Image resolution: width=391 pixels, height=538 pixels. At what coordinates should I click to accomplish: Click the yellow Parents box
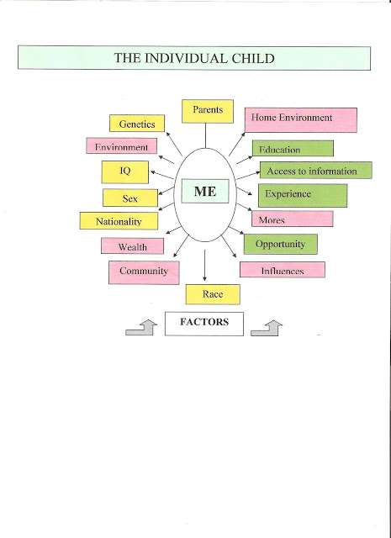tap(208, 111)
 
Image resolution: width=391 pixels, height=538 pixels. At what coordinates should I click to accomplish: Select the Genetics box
tap(137, 124)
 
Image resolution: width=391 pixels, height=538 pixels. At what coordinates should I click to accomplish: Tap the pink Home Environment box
tap(301, 120)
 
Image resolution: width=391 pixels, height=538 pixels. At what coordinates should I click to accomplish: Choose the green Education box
tap(293, 148)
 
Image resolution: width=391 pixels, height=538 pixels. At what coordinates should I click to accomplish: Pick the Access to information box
tap(316, 170)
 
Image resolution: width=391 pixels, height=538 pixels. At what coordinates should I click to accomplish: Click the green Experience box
tap(303, 196)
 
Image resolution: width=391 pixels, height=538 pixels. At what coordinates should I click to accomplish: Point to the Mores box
tap(292, 219)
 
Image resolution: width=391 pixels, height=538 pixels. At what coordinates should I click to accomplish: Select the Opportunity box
tap(281, 245)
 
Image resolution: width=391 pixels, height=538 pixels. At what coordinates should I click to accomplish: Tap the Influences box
tap(283, 270)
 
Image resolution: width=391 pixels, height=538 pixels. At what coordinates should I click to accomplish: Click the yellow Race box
tap(213, 294)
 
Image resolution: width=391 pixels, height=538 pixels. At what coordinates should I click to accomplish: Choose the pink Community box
tap(144, 272)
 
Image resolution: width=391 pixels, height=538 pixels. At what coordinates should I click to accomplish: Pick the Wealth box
tap(132, 245)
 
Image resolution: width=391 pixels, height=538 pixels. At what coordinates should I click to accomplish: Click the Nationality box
tap(119, 220)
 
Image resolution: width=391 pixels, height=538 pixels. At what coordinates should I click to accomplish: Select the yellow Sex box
tap(130, 198)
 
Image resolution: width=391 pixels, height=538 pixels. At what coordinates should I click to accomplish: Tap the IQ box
tap(125, 171)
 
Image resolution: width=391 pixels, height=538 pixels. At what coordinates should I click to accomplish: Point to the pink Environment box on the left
tap(122, 145)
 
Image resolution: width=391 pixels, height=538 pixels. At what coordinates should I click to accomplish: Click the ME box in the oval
tap(205, 191)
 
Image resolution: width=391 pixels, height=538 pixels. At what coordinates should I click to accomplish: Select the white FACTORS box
tap(204, 324)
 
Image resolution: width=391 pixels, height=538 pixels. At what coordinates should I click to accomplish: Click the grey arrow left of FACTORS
tap(141, 327)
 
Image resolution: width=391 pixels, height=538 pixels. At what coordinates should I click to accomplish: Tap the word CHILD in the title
tap(253, 58)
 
